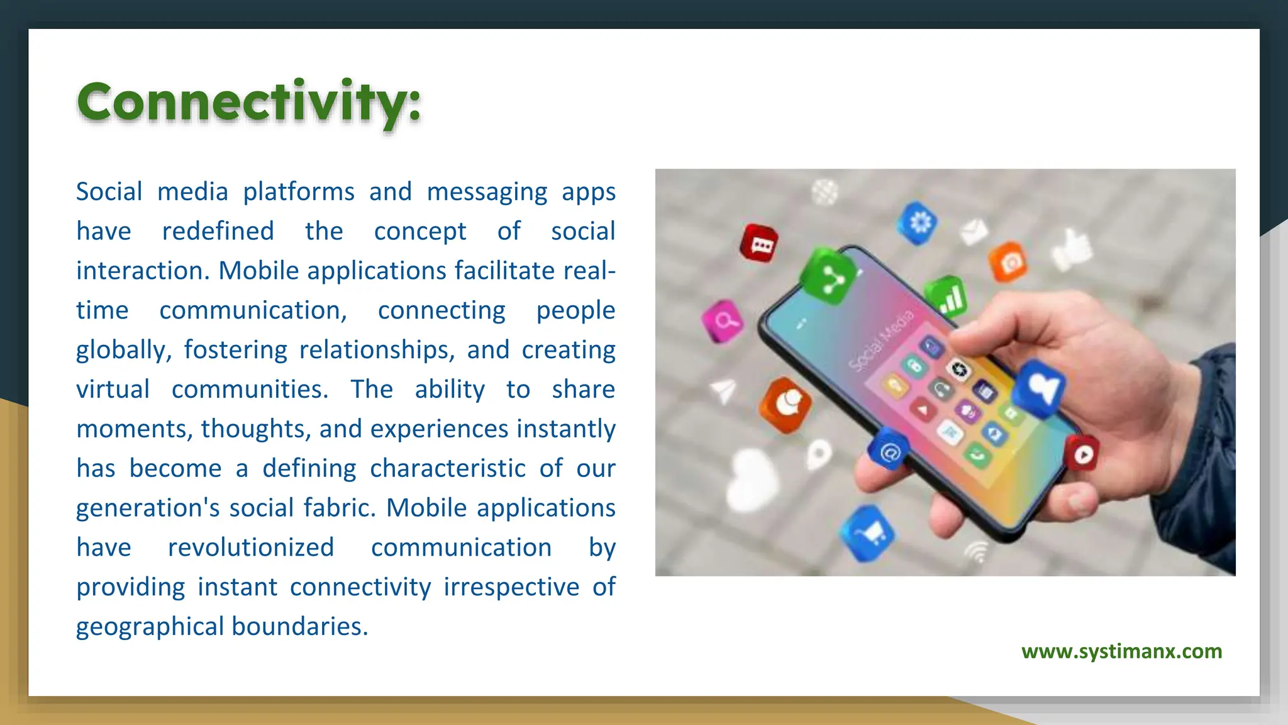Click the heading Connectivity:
tap(248, 103)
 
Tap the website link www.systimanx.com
tap(1121, 651)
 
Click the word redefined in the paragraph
tap(218, 231)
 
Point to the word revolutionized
tap(250, 548)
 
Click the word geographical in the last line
tap(150, 627)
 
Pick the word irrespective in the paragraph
tap(511, 587)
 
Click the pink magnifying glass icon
tap(723, 322)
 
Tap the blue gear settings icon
tap(918, 223)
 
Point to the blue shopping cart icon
tap(869, 534)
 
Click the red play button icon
tap(1082, 453)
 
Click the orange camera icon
tap(1009, 261)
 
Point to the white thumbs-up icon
tap(1072, 250)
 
